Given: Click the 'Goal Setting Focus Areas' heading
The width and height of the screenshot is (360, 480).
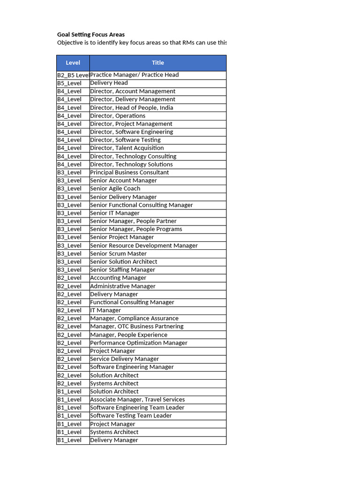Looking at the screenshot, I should tap(91, 35).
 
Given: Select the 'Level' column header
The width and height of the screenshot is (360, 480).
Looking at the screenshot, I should tap(73, 63).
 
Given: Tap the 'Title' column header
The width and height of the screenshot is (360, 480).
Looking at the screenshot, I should tap(157, 63).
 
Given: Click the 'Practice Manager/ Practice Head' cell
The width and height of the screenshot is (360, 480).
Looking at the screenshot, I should tap(134, 75).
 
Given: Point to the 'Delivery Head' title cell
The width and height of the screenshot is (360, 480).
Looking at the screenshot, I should tap(109, 83).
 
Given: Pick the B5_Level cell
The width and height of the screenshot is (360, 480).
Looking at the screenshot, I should tap(69, 83).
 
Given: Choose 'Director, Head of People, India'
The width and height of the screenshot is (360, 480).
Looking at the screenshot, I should tap(131, 107).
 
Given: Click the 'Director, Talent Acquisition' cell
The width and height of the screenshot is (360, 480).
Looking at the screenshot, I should tap(127, 148).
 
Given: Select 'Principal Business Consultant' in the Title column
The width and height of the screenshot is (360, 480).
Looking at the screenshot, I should tap(129, 172).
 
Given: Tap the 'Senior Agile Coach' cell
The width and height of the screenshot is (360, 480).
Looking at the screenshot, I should tap(115, 188).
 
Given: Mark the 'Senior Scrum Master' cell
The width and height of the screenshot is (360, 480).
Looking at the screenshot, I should tap(118, 254).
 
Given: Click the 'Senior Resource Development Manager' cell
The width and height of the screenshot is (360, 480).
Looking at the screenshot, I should tap(143, 246).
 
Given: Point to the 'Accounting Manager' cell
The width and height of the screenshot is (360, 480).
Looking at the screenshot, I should tap(118, 278).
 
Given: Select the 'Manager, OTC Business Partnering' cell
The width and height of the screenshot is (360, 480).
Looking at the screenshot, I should tap(136, 327).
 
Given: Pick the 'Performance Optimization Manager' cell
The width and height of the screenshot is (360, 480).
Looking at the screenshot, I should tap(138, 343).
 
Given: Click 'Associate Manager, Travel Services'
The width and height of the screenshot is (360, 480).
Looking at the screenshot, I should tap(137, 399).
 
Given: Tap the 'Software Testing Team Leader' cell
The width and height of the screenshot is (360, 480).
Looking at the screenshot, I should tap(131, 416).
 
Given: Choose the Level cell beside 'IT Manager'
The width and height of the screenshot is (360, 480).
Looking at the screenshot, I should tap(69, 310).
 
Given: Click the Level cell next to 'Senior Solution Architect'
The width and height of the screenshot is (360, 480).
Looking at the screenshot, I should tap(69, 262).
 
